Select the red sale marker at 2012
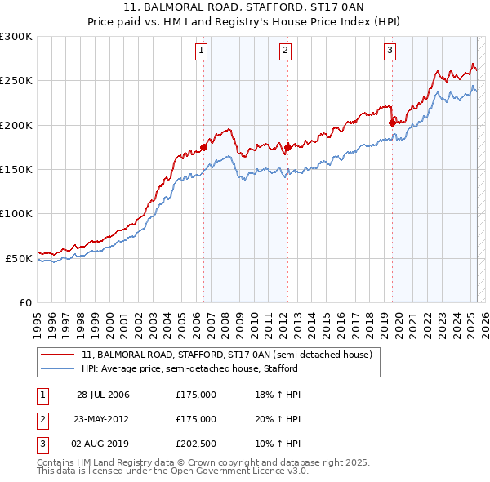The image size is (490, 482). point(287,147)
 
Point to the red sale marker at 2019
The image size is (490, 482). point(392,123)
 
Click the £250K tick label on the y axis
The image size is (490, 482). point(16,81)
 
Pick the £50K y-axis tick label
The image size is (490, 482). point(19,258)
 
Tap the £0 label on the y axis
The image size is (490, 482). point(24,302)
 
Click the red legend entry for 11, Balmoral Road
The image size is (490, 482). point(227,355)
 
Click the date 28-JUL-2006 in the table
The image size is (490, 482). point(103,395)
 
